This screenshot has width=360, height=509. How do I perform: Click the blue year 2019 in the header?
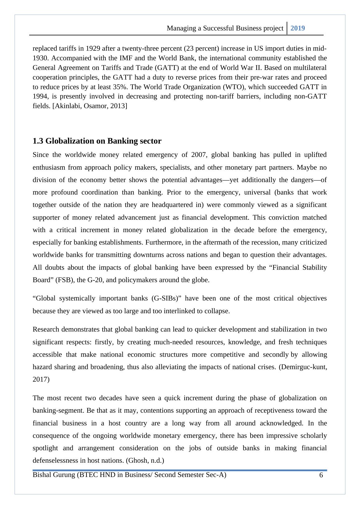298,28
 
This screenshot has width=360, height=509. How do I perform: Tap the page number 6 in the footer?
321,475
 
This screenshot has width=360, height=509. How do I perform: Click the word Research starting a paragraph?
46,329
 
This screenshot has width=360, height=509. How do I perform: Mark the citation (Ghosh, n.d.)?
145,461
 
